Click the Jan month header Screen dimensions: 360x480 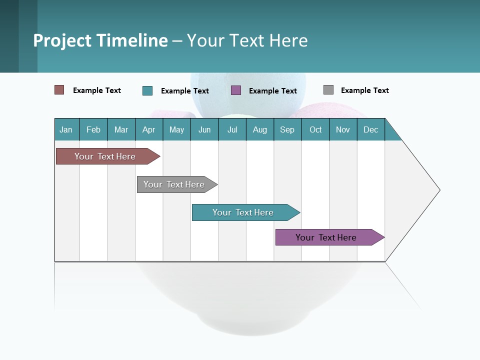pyautogui.click(x=66, y=129)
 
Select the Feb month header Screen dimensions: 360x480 pyautogui.click(x=93, y=129)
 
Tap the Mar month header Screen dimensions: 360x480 pyautogui.click(x=121, y=129)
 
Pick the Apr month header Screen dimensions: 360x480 pyautogui.click(x=149, y=129)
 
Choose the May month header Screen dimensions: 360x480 pyautogui.click(x=176, y=129)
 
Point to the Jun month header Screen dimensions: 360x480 pyautogui.click(x=204, y=129)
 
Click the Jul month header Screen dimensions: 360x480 pyautogui.click(x=232, y=129)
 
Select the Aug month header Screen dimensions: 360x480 pyautogui.click(x=260, y=129)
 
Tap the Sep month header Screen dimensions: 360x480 pyautogui.click(x=287, y=129)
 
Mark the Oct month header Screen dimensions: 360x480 pyautogui.click(x=315, y=129)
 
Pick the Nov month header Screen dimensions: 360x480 pyautogui.click(x=343, y=129)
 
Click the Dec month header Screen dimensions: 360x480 pyautogui.click(x=371, y=129)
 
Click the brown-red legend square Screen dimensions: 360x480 pyautogui.click(x=59, y=90)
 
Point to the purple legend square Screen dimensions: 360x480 pyautogui.click(x=236, y=90)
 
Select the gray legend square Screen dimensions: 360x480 pyautogui.click(x=328, y=90)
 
